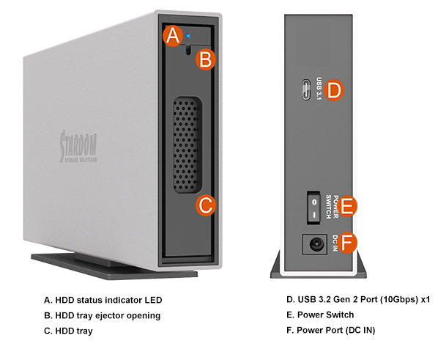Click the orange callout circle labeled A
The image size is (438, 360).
point(173,36)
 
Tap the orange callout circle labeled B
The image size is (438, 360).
point(206,59)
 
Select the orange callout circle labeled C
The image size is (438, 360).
point(206,205)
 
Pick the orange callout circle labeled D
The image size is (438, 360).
point(334,90)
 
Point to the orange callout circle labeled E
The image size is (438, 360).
point(347,206)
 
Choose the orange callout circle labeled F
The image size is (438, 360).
point(347,243)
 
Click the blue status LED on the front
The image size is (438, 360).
point(188,36)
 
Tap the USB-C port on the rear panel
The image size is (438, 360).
point(306,89)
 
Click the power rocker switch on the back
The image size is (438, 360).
point(314,207)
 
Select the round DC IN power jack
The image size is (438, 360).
point(316,244)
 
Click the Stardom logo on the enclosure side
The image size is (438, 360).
point(78,146)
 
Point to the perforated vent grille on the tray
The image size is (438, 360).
point(186,145)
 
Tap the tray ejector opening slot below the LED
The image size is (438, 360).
point(188,51)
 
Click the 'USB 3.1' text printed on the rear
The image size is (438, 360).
point(319,89)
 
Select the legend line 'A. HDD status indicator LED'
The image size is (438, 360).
point(103,300)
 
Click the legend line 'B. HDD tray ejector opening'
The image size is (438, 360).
point(103,315)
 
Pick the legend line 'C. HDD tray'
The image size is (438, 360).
point(68,331)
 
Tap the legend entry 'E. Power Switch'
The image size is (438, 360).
point(320,315)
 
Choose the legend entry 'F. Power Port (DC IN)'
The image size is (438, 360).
point(331,331)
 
